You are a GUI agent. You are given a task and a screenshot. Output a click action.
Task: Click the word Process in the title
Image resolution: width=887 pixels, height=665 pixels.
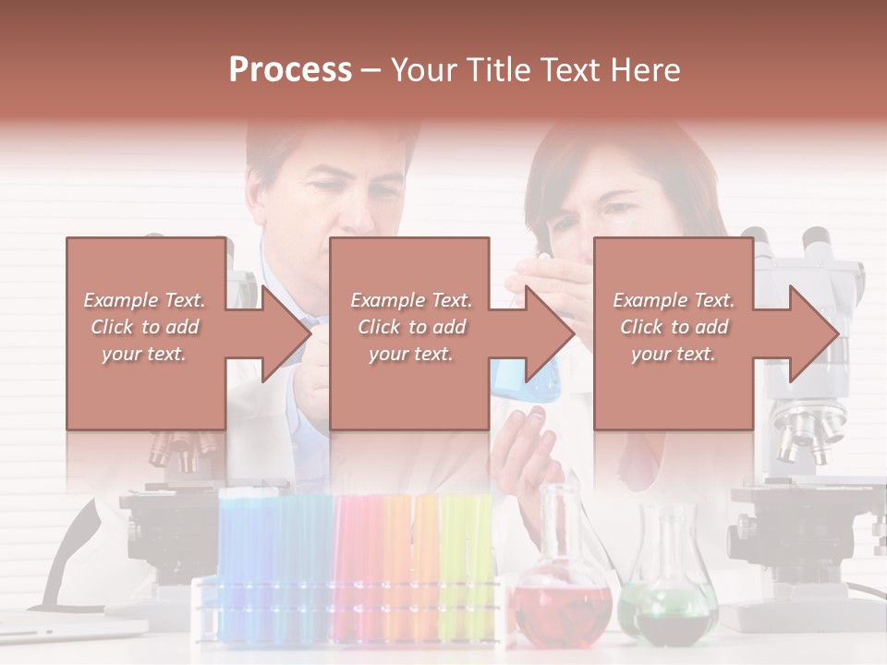click(x=290, y=70)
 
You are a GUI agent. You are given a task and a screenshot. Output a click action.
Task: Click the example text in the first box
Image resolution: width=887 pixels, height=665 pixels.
click(x=144, y=327)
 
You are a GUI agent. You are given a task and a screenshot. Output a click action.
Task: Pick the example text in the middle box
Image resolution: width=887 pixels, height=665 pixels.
click(x=410, y=327)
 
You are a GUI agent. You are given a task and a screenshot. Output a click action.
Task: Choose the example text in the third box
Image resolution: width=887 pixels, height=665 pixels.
click(x=673, y=327)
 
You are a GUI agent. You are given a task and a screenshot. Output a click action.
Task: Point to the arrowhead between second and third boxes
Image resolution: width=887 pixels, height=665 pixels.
click(x=549, y=333)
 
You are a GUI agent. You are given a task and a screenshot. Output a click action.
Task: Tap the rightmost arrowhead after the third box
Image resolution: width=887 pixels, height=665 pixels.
click(x=813, y=333)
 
